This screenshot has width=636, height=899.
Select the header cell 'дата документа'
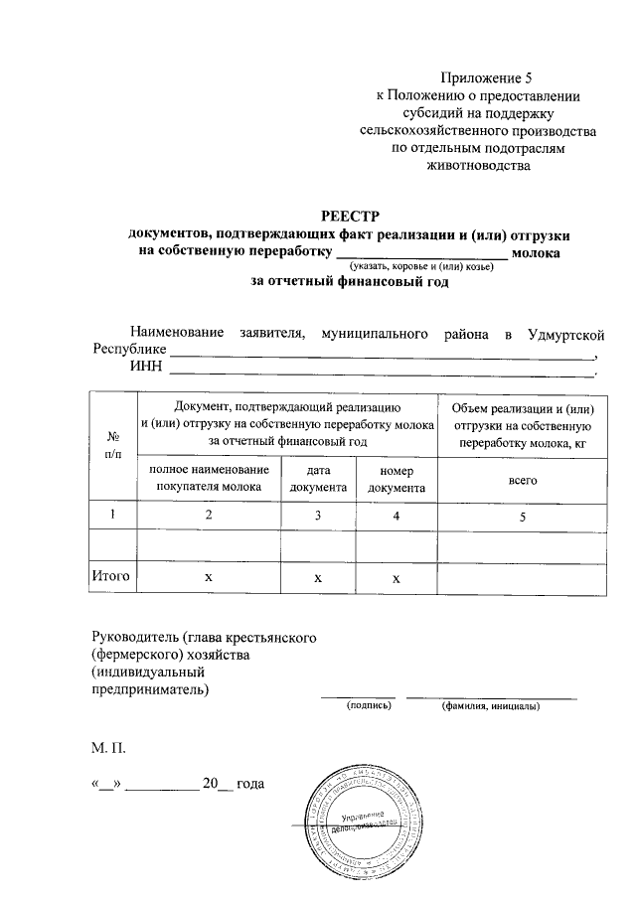point(318,479)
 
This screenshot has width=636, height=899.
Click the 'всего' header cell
point(523,479)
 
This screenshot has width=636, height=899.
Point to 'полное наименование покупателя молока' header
point(210,479)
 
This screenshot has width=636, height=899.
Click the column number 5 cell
point(523,515)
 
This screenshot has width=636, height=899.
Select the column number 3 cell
point(318,515)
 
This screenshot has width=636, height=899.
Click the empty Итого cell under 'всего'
point(523,576)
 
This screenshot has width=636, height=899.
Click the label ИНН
point(146,370)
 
